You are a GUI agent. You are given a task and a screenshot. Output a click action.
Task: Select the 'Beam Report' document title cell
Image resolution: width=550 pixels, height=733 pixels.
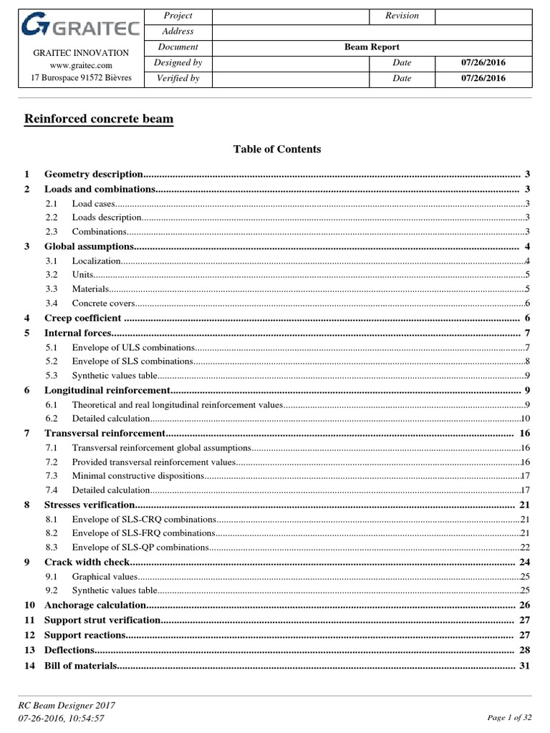[x=371, y=47]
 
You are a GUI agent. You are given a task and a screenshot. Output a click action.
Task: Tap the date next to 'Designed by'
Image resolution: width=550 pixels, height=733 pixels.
[x=483, y=63]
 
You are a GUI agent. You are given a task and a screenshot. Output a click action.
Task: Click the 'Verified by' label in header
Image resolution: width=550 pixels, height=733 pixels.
[x=178, y=79]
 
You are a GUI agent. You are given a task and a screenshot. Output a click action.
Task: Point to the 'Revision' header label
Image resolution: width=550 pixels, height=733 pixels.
[x=402, y=16]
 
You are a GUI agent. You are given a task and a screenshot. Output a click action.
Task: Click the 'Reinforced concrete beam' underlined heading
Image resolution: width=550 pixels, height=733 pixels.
[x=99, y=118]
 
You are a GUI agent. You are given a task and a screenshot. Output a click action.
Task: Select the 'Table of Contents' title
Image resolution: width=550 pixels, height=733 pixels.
[x=277, y=150]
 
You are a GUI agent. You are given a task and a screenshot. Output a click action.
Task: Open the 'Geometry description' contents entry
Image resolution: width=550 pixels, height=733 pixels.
[x=94, y=174]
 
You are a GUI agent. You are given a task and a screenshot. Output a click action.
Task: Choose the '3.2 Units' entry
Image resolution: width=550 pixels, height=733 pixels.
[x=82, y=274]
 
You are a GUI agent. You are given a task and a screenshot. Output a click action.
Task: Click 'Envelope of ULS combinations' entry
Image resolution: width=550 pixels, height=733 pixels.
[x=132, y=347]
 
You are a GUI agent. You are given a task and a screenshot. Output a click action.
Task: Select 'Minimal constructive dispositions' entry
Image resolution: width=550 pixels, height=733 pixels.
[x=137, y=475]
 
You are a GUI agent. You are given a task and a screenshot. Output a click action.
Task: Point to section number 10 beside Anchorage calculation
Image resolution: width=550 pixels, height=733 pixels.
[x=29, y=606]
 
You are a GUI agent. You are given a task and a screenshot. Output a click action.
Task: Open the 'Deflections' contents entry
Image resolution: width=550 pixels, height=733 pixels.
[x=69, y=650]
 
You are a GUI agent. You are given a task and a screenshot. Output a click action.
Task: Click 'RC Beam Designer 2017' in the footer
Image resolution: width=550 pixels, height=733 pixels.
[x=67, y=705]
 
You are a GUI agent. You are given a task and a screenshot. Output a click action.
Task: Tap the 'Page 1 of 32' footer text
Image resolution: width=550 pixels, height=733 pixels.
[x=509, y=717]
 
